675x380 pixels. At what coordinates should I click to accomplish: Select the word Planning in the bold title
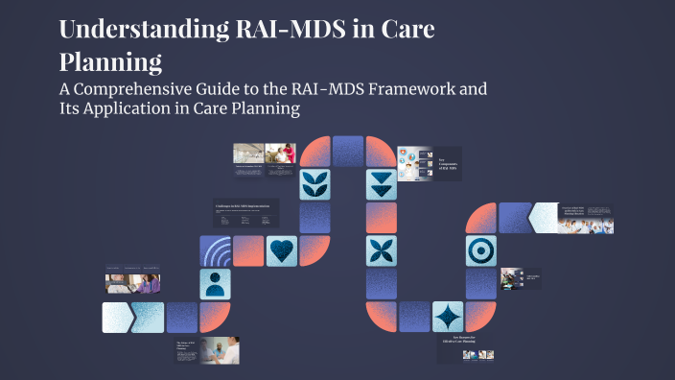click(109, 62)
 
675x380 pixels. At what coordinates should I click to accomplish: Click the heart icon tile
click(282, 250)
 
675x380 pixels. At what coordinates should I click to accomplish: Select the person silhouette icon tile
click(216, 283)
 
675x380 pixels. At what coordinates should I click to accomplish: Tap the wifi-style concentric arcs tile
click(216, 250)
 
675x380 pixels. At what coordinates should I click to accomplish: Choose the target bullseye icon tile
click(480, 250)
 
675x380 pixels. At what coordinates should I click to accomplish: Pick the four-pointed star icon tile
click(448, 317)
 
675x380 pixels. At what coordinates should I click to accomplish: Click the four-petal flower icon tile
click(382, 250)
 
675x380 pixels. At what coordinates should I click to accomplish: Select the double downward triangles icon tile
click(382, 184)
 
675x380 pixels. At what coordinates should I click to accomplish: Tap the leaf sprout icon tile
click(314, 184)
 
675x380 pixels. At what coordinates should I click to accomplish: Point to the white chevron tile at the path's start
click(117, 317)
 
